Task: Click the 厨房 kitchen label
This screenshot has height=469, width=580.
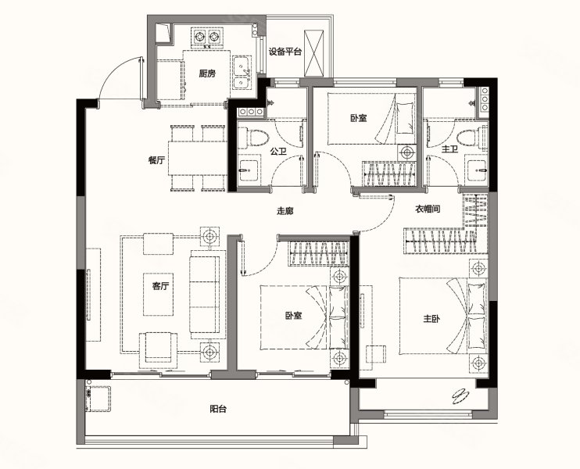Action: click(x=207, y=73)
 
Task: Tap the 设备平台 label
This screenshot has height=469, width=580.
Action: click(x=285, y=52)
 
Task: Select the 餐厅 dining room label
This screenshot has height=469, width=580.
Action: click(x=156, y=160)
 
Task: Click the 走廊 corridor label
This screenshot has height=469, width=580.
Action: click(x=285, y=211)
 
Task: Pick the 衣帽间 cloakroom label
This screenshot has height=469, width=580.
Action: click(x=428, y=209)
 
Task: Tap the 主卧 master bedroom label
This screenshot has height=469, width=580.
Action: click(x=431, y=318)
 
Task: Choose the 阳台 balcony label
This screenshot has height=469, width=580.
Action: click(x=218, y=409)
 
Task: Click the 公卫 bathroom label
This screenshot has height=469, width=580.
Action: click(x=278, y=152)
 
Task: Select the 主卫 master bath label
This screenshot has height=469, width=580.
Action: click(x=449, y=149)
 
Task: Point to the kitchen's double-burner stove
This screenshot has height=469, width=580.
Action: click(x=207, y=37)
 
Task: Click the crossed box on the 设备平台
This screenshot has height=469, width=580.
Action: click(x=313, y=54)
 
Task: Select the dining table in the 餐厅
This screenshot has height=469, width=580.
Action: click(x=198, y=159)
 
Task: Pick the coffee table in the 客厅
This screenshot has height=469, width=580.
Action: click(x=159, y=294)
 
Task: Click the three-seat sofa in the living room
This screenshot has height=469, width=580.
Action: click(x=207, y=295)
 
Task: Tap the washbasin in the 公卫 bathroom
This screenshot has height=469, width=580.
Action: click(x=249, y=170)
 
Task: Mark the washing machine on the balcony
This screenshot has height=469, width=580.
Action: click(x=98, y=399)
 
